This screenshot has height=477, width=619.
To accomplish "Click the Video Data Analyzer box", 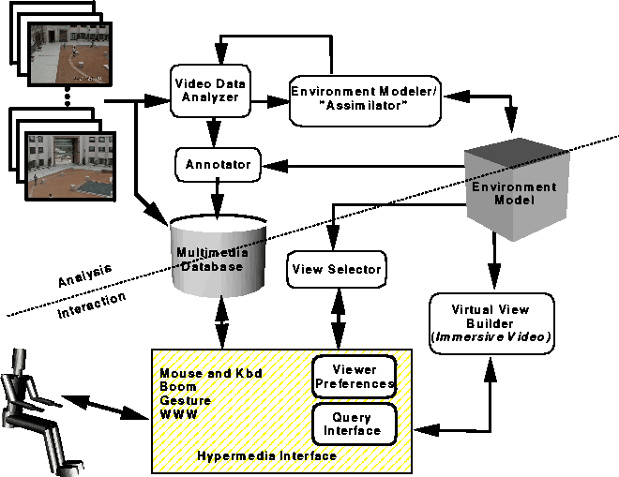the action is pyautogui.click(x=210, y=91).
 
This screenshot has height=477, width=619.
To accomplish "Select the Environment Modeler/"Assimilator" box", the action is pyautogui.click(x=365, y=101).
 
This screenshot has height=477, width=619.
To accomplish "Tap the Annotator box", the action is pyautogui.click(x=218, y=165).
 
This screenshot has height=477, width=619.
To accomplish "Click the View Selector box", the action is pyautogui.click(x=337, y=270).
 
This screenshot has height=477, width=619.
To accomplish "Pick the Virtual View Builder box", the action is pyautogui.click(x=491, y=323).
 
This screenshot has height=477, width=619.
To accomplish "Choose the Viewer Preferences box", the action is pyautogui.click(x=355, y=377).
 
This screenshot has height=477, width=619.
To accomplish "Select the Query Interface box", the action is pyautogui.click(x=355, y=425).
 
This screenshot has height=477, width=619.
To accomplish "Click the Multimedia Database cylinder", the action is pyautogui.click(x=219, y=257).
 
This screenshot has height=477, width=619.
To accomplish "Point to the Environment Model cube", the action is pyautogui.click(x=517, y=189).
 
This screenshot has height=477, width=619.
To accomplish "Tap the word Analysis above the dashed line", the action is pyautogui.click(x=84, y=275).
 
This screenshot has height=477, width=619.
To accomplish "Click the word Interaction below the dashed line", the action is pyautogui.click(x=92, y=305).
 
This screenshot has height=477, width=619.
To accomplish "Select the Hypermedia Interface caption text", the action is pyautogui.click(x=267, y=456).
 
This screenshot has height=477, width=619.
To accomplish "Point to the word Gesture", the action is pyautogui.click(x=185, y=400).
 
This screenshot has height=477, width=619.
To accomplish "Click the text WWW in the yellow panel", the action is pyautogui.click(x=178, y=414).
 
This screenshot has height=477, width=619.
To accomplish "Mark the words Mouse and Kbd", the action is pyautogui.click(x=211, y=373).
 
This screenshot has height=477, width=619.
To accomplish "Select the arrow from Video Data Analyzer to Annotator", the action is pyautogui.click(x=214, y=132).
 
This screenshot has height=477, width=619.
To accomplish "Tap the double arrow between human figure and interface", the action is pyautogui.click(x=104, y=407).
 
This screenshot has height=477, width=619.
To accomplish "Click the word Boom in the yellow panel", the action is pyautogui.click(x=178, y=387).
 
